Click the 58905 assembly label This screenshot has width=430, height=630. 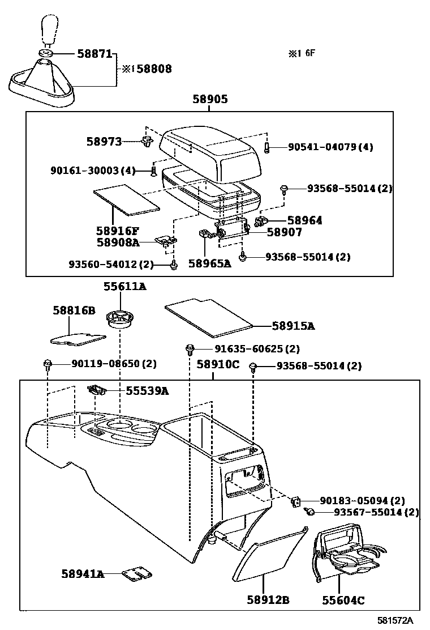[x=209, y=100]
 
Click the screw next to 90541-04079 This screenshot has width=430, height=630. [x=267, y=147]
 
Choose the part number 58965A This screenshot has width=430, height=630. [x=209, y=263]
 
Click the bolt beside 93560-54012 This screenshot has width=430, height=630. [x=174, y=265]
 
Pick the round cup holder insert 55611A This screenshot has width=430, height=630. [x=119, y=319]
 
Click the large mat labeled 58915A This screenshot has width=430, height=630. [x=210, y=316]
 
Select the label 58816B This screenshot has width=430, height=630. [x=74, y=310]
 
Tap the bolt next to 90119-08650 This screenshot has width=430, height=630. [x=48, y=364]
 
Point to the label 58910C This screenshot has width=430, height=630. [x=218, y=364]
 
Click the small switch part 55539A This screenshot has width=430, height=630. [x=96, y=390]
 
